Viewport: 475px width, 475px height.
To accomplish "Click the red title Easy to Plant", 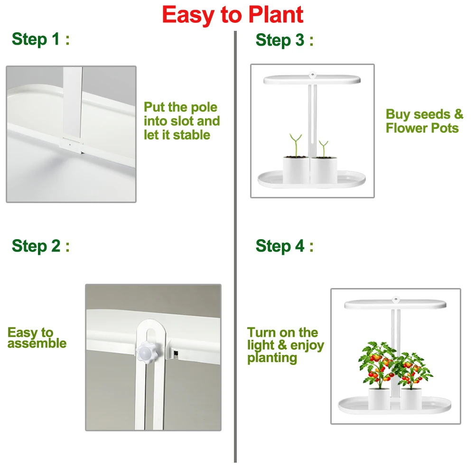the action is pyautogui.click(x=233, y=15).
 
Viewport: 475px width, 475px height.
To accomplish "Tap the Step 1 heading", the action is pyautogui.click(x=41, y=39).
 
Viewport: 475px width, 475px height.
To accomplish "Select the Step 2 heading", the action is pyautogui.click(x=41, y=246).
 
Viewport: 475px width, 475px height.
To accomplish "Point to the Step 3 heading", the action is pyautogui.click(x=285, y=40).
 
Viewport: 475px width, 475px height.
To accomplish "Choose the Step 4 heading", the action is pyautogui.click(x=285, y=246).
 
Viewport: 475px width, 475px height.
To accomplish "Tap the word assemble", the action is pyautogui.click(x=37, y=344).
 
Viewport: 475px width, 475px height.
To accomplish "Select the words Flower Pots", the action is pyautogui.click(x=422, y=128).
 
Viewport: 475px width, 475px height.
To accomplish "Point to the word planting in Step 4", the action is pyautogui.click(x=272, y=358).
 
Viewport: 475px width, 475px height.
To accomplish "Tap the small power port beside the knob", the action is pyautogui.click(x=176, y=353).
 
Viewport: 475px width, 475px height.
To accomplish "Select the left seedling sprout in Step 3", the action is pyautogui.click(x=296, y=145).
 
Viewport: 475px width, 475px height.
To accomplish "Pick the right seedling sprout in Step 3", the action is pyautogui.click(x=324, y=149).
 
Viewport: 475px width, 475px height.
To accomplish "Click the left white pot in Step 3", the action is pyautogui.click(x=296, y=170).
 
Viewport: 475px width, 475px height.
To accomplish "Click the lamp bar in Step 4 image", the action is pyautogui.click(x=395, y=304).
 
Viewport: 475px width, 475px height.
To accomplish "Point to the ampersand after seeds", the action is pyautogui.click(x=459, y=114).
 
